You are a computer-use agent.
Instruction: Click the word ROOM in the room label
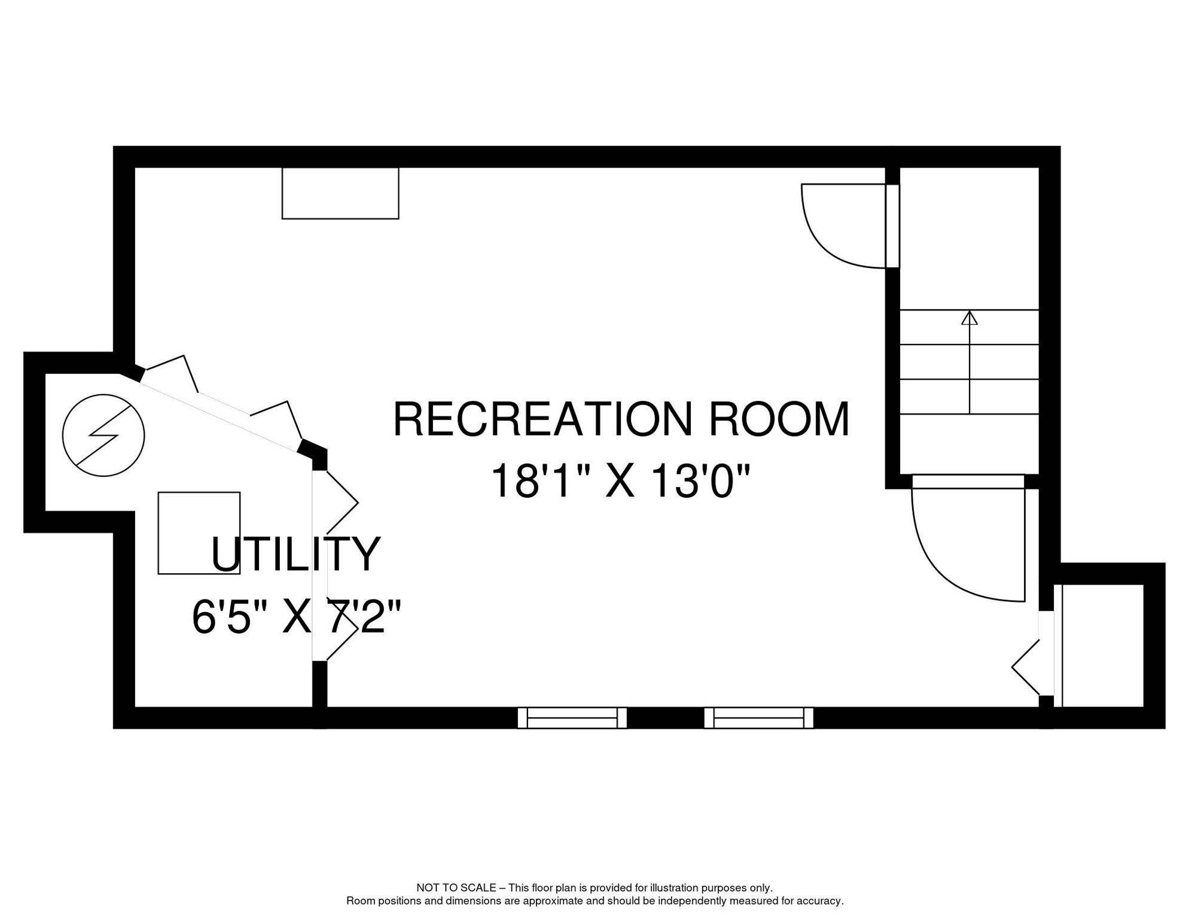coord(779,420)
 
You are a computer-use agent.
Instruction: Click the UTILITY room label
coord(295,555)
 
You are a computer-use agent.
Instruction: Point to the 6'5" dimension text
coord(230,618)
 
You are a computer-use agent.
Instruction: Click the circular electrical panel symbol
coord(103,436)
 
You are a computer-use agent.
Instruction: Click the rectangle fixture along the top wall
coord(340,193)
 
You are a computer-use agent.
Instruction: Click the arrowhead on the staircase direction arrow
coord(970,318)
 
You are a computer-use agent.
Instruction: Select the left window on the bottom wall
coord(572,717)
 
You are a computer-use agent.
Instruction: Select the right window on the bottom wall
coord(758,717)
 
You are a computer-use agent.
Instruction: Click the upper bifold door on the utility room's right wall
coord(342,503)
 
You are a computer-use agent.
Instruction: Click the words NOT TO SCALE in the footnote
coord(456,888)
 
